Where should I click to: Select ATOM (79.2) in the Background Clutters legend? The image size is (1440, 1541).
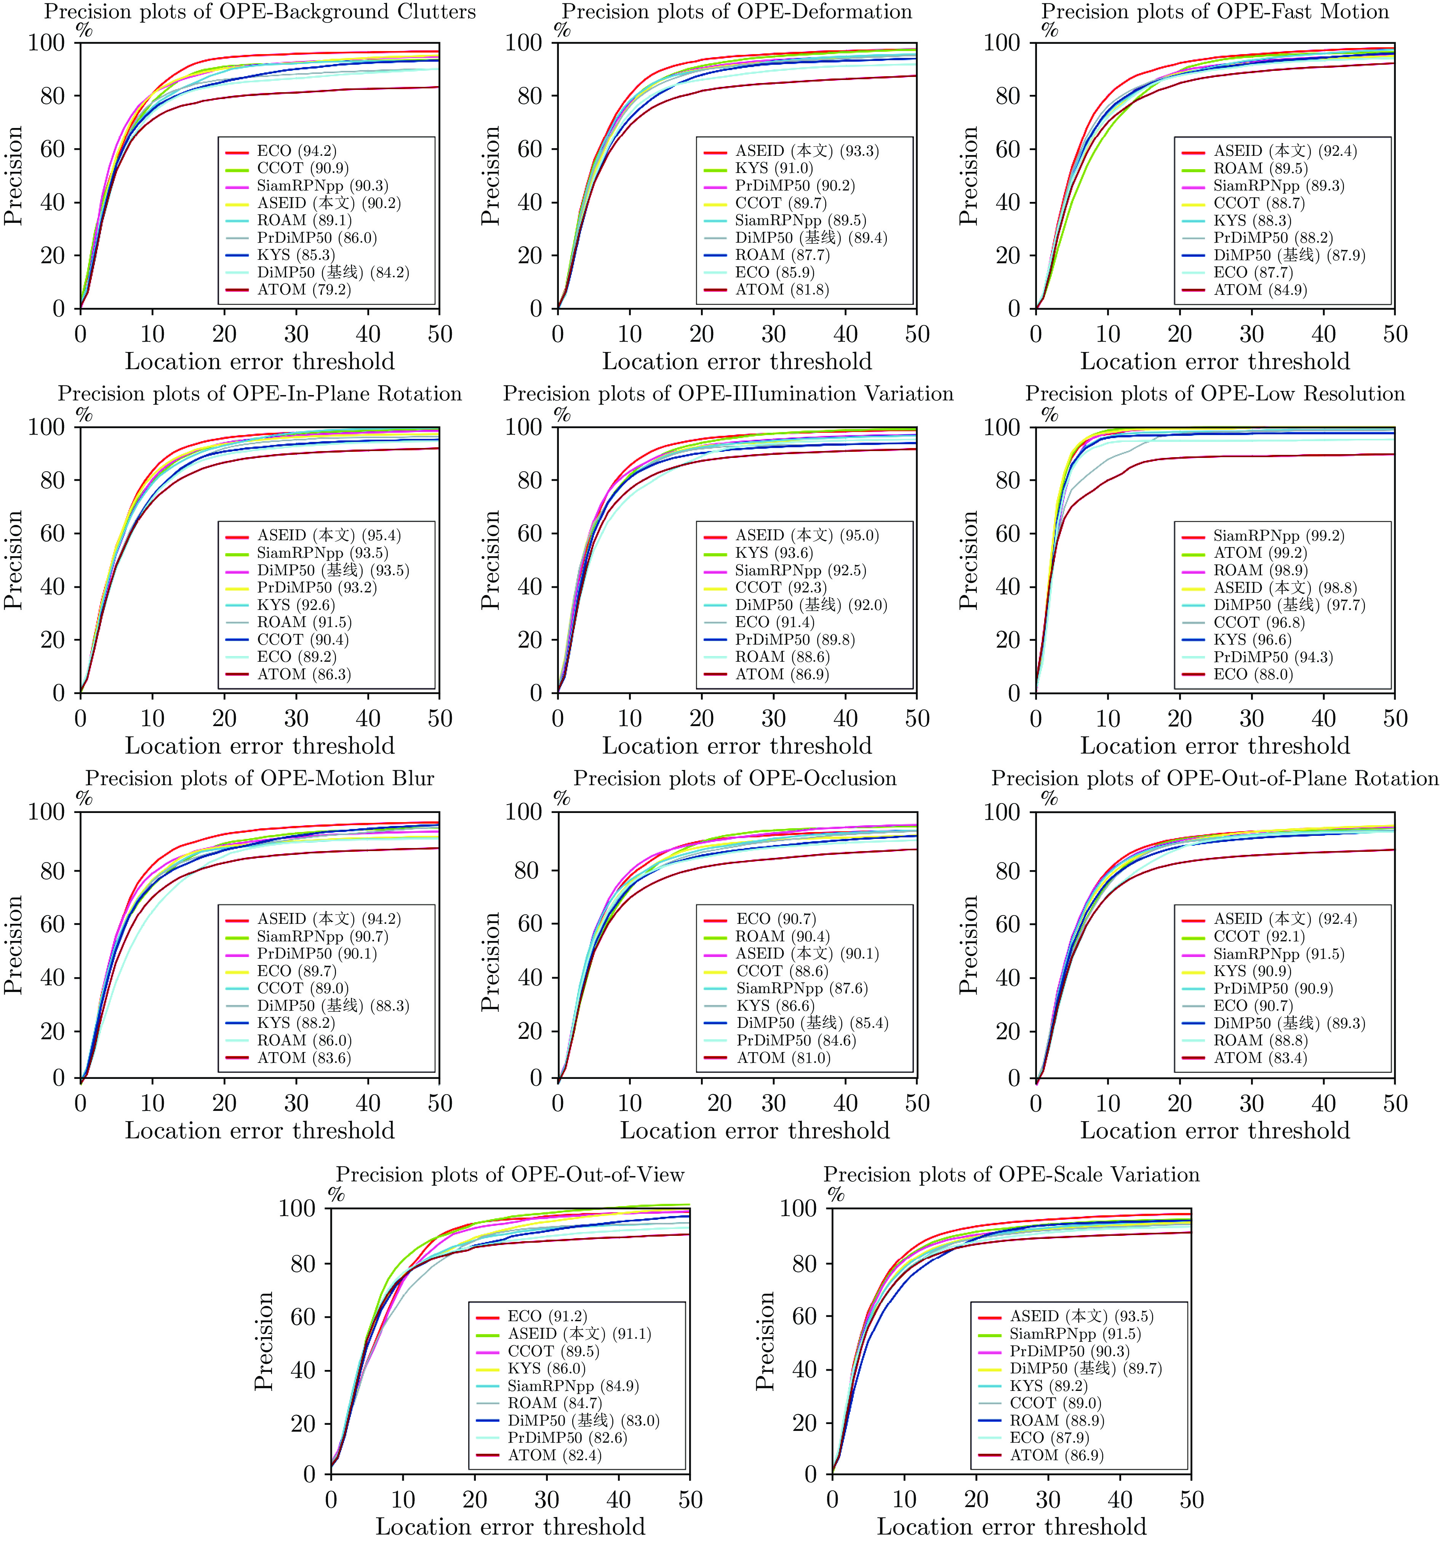[x=304, y=290]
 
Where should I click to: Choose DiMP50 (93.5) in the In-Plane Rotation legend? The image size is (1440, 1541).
[x=333, y=571]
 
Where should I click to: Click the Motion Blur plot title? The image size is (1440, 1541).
[x=260, y=778]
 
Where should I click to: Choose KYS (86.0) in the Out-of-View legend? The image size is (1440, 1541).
[x=546, y=1369]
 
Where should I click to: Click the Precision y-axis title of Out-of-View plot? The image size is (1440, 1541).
[x=264, y=1340]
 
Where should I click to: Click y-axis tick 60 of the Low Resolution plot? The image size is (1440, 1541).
[x=1008, y=533]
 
